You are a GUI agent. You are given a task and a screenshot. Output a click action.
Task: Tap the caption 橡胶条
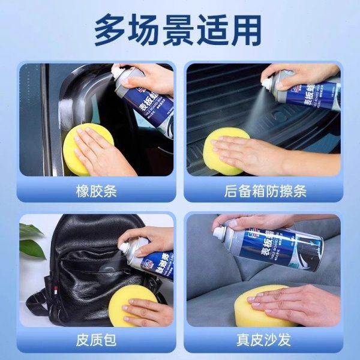pos(96,192)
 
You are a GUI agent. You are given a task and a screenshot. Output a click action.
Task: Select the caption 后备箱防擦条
pos(265,192)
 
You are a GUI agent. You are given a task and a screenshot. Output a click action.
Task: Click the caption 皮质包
pos(96,341)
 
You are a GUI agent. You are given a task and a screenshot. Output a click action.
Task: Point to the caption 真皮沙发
pos(265,341)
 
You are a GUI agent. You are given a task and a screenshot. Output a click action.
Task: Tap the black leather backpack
pos(84,270)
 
